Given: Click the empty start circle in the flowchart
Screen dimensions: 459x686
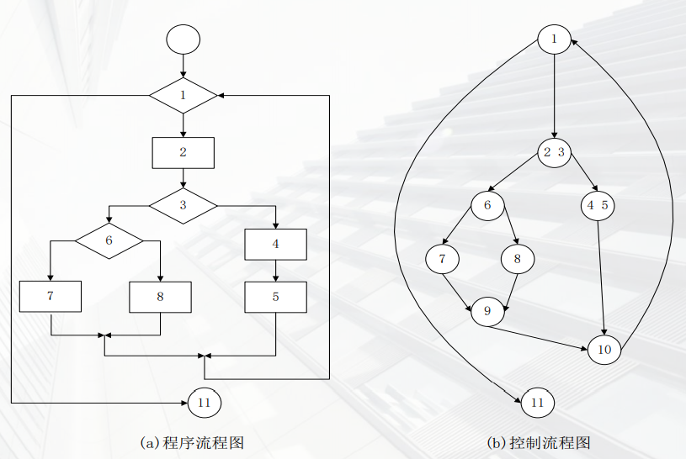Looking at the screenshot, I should click(183, 39).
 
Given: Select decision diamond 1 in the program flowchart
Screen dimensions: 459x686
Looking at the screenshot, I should click(183, 95).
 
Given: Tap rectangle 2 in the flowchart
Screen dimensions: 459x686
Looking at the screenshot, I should click(183, 152).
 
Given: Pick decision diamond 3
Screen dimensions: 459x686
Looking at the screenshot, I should click(183, 204).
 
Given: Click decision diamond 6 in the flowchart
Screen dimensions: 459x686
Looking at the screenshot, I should click(109, 240).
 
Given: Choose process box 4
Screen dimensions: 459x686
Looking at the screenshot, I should click(275, 245).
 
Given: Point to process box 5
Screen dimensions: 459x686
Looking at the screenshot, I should click(275, 297).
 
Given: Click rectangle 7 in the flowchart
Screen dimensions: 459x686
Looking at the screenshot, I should click(51, 297).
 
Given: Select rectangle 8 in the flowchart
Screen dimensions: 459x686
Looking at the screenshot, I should click(160, 297).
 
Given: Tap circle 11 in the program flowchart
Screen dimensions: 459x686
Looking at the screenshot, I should click(204, 403).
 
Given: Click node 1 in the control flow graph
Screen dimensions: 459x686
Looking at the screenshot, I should click(554, 39).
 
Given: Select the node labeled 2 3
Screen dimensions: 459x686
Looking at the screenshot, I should click(554, 152).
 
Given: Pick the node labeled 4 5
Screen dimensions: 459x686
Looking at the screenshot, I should click(598, 204).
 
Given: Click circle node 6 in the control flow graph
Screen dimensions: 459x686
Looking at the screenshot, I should click(487, 204).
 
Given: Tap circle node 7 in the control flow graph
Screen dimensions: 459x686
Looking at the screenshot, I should click(442, 258).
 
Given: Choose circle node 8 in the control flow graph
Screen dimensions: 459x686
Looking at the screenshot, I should click(518, 258).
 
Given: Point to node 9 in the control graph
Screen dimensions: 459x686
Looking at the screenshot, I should click(487, 311).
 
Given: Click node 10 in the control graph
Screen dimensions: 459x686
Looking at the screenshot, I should click(604, 349).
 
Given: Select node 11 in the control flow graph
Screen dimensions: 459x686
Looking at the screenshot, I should click(538, 403).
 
